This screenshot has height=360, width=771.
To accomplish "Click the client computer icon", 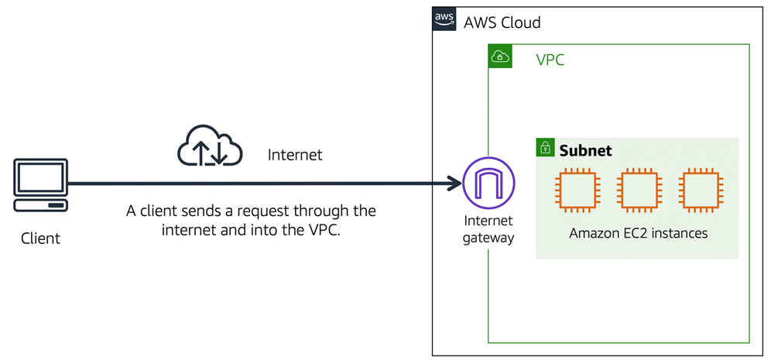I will pyautogui.click(x=40, y=184).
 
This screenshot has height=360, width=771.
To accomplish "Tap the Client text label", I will pyautogui.click(x=40, y=238).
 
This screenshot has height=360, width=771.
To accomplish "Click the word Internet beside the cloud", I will pyautogui.click(x=295, y=155).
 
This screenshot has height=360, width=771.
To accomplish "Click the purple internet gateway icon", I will pyautogui.click(x=488, y=183).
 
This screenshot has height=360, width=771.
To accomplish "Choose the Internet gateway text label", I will pyautogui.click(x=488, y=231).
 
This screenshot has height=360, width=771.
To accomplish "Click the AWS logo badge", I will pyautogui.click(x=444, y=19).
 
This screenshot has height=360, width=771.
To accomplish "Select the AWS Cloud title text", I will pyautogui.click(x=502, y=22).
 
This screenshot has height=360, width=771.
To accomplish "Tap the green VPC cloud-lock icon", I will pyautogui.click(x=500, y=56).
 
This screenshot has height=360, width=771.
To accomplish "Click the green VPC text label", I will pyautogui.click(x=550, y=60).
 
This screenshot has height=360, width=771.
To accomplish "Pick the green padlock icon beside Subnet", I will pyautogui.click(x=545, y=148).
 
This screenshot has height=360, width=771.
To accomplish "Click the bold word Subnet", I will pyautogui.click(x=586, y=150).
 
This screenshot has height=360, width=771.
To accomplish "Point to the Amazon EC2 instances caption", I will pyautogui.click(x=638, y=233).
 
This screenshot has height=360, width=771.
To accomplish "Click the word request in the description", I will pyautogui.click(x=275, y=211).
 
